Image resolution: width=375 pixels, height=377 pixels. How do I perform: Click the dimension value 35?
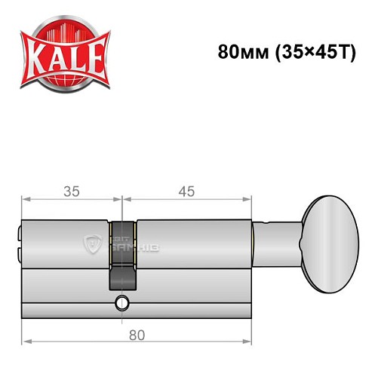pos(72,192)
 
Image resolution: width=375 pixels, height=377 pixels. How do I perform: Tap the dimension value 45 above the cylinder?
pos(185,192)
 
